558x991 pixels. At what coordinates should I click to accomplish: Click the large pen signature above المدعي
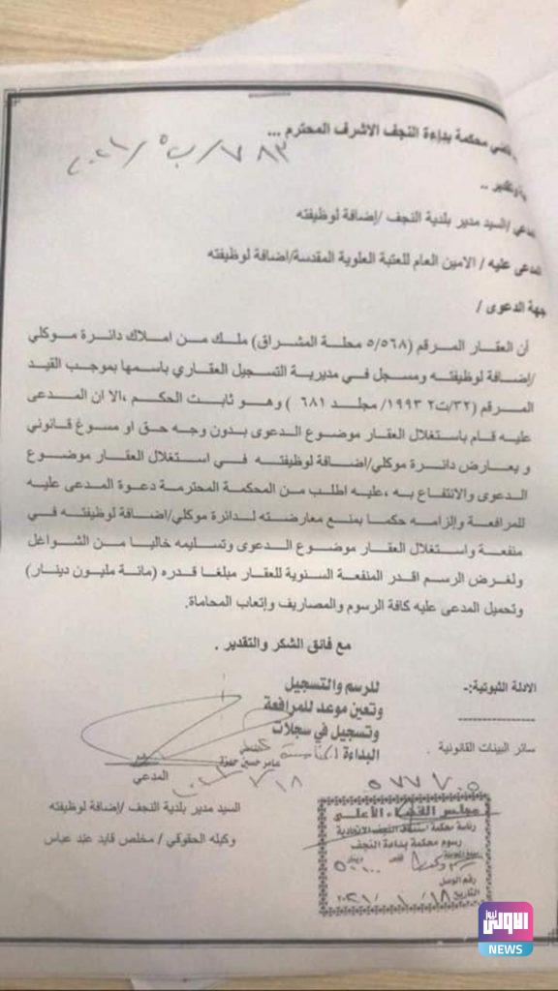[174, 727]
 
